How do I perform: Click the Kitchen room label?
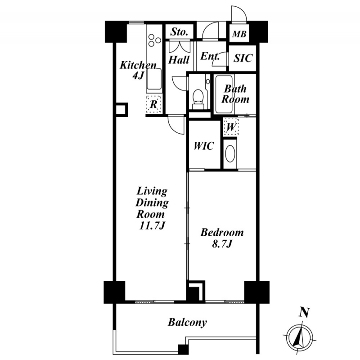tap(138, 65)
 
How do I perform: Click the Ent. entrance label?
tap(210, 57)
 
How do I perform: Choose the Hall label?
tap(179, 59)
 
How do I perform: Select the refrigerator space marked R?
tap(154, 104)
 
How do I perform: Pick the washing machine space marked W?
tap(231, 127)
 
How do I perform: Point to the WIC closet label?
tap(204, 146)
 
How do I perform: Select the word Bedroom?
tap(222, 233)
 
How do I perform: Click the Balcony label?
tap(187, 322)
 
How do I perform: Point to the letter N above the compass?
tap(305, 312)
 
